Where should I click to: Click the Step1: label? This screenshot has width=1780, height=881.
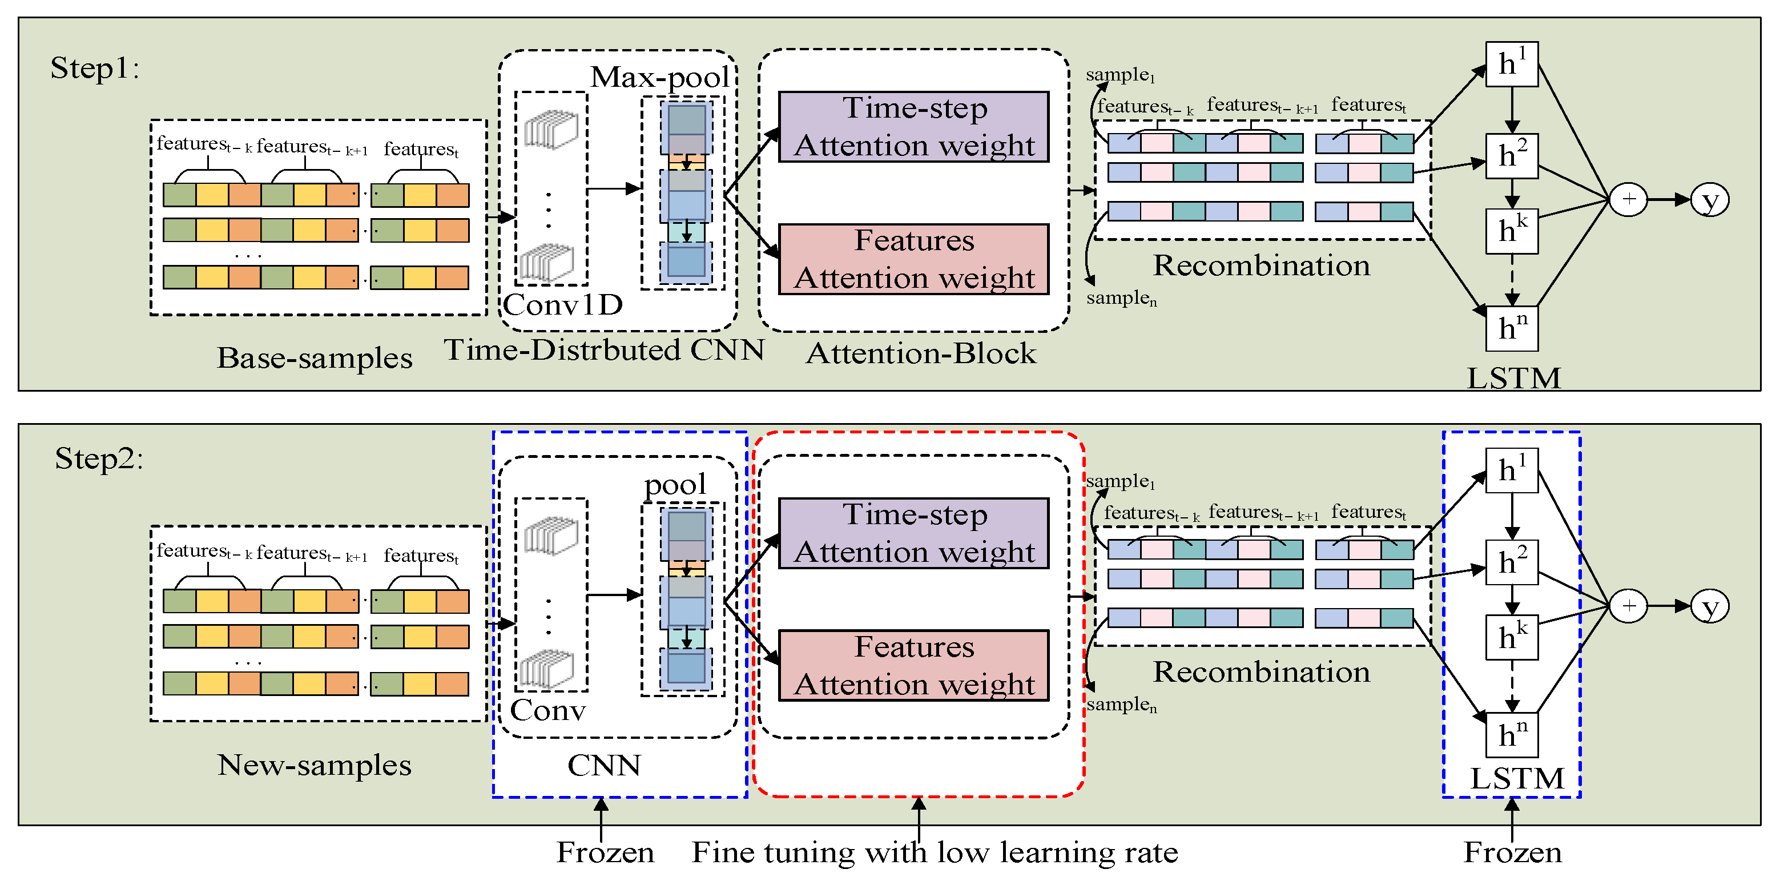95,68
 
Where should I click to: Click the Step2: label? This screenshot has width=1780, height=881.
99,458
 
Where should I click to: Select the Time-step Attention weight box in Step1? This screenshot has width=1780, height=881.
913,127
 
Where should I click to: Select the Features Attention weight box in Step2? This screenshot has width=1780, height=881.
913,665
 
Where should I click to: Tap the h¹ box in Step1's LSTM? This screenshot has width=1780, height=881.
1511,65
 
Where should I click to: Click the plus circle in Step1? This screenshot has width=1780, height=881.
1629,200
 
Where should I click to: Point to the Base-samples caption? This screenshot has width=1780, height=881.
315,358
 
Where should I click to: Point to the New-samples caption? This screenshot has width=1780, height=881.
315,765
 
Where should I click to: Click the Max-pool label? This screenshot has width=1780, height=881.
660,77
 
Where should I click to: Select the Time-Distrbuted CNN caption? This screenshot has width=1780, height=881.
604,349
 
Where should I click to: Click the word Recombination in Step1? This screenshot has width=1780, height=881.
1261,265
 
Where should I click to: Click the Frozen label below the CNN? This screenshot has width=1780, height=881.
605,852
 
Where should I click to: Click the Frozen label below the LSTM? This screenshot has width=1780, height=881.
1512,852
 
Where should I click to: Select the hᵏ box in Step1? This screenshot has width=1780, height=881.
1511,231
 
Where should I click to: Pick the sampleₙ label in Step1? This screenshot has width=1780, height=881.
1121,298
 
